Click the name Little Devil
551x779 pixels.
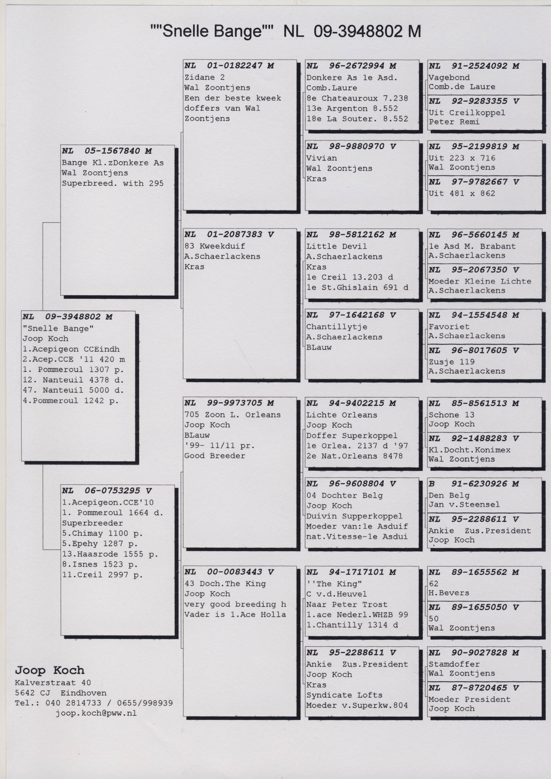click(x=336, y=246)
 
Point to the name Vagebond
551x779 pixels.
click(x=449, y=78)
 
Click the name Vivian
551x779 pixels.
click(x=322, y=158)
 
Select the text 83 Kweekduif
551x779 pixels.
click(x=215, y=246)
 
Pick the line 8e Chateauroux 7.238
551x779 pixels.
click(x=357, y=98)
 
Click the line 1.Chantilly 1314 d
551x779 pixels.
click(x=352, y=625)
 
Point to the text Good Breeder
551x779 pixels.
click(x=215, y=456)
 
